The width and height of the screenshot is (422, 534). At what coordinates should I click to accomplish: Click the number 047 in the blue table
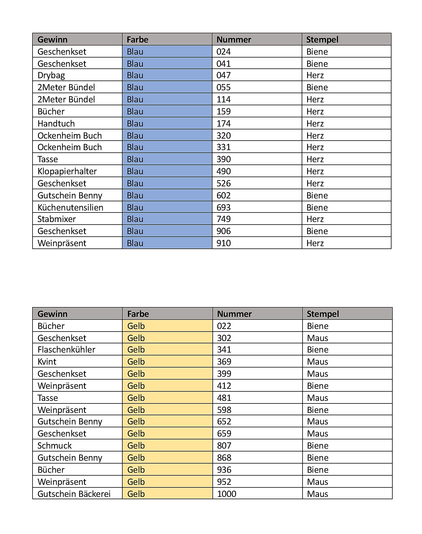223,75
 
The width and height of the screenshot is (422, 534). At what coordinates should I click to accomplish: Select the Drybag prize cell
51,75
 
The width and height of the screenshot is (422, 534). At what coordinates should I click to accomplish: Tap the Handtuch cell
56,124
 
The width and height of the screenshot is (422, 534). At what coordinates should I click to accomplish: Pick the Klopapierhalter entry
67,171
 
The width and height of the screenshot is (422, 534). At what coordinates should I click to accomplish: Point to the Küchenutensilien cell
70,208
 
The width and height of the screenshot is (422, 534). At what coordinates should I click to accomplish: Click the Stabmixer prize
56,219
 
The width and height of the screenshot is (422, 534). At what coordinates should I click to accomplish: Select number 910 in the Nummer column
223,243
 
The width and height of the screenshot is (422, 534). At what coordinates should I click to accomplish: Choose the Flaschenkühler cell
66,350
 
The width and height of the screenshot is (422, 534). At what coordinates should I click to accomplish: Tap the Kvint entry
47,362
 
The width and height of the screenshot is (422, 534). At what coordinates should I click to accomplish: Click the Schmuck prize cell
54,446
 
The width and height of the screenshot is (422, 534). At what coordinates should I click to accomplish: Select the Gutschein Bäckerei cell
74,494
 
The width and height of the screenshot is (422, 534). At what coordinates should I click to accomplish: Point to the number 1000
227,494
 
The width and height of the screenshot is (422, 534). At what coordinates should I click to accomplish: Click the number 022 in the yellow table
224,326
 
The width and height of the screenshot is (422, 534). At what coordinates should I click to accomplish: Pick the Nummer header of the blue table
234,40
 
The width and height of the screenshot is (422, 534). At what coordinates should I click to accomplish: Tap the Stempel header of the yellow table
323,314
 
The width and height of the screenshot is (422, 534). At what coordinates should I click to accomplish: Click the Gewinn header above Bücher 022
52,314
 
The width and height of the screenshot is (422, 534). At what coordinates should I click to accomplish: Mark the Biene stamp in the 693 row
317,208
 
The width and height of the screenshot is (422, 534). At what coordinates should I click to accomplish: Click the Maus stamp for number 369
318,362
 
